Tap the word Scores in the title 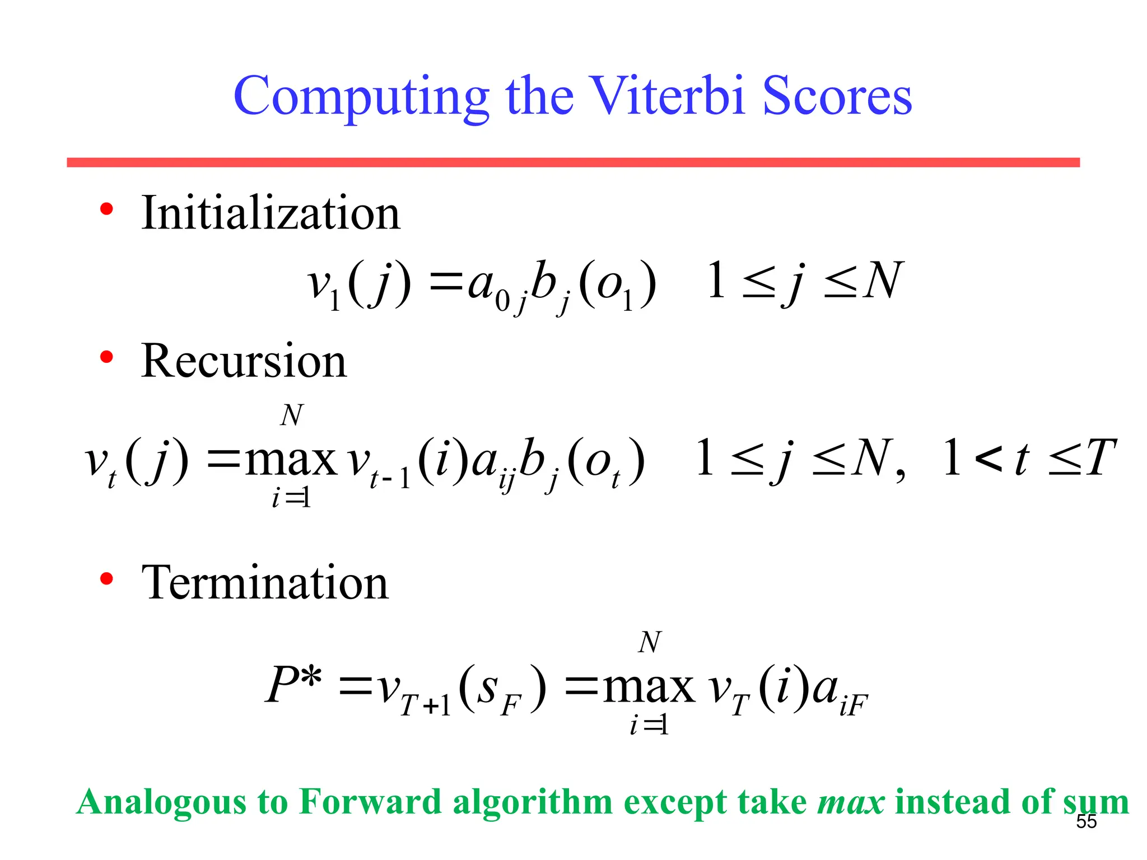837,96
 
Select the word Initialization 271,213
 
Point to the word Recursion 244,361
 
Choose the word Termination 265,583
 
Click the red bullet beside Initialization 106,210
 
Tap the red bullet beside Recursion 106,357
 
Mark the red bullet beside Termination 106,579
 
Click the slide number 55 1087,821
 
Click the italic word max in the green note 851,802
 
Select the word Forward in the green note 370,802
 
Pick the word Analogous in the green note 161,803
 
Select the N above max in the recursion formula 292,415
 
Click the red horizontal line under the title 573,162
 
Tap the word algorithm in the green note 533,803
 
